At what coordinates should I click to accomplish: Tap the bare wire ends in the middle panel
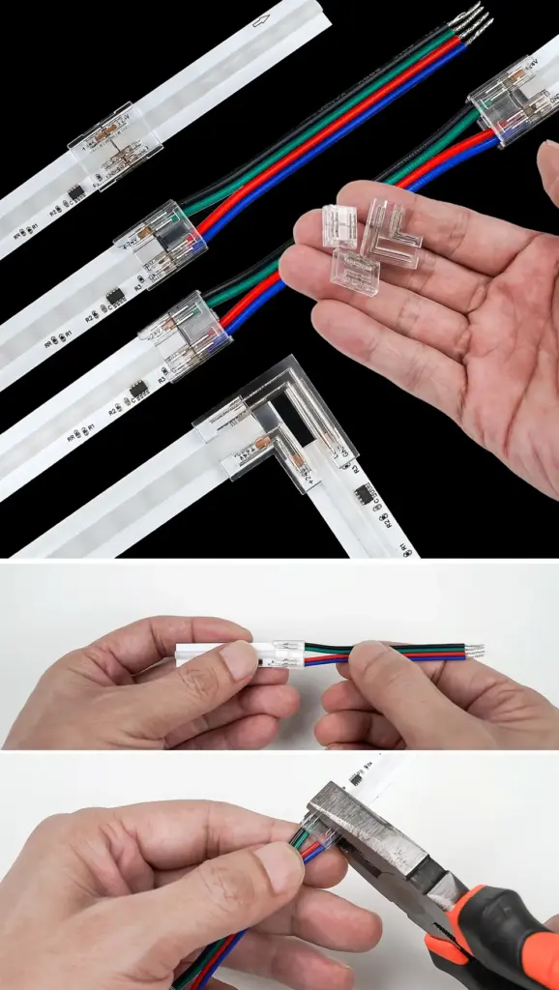[x=474, y=653]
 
